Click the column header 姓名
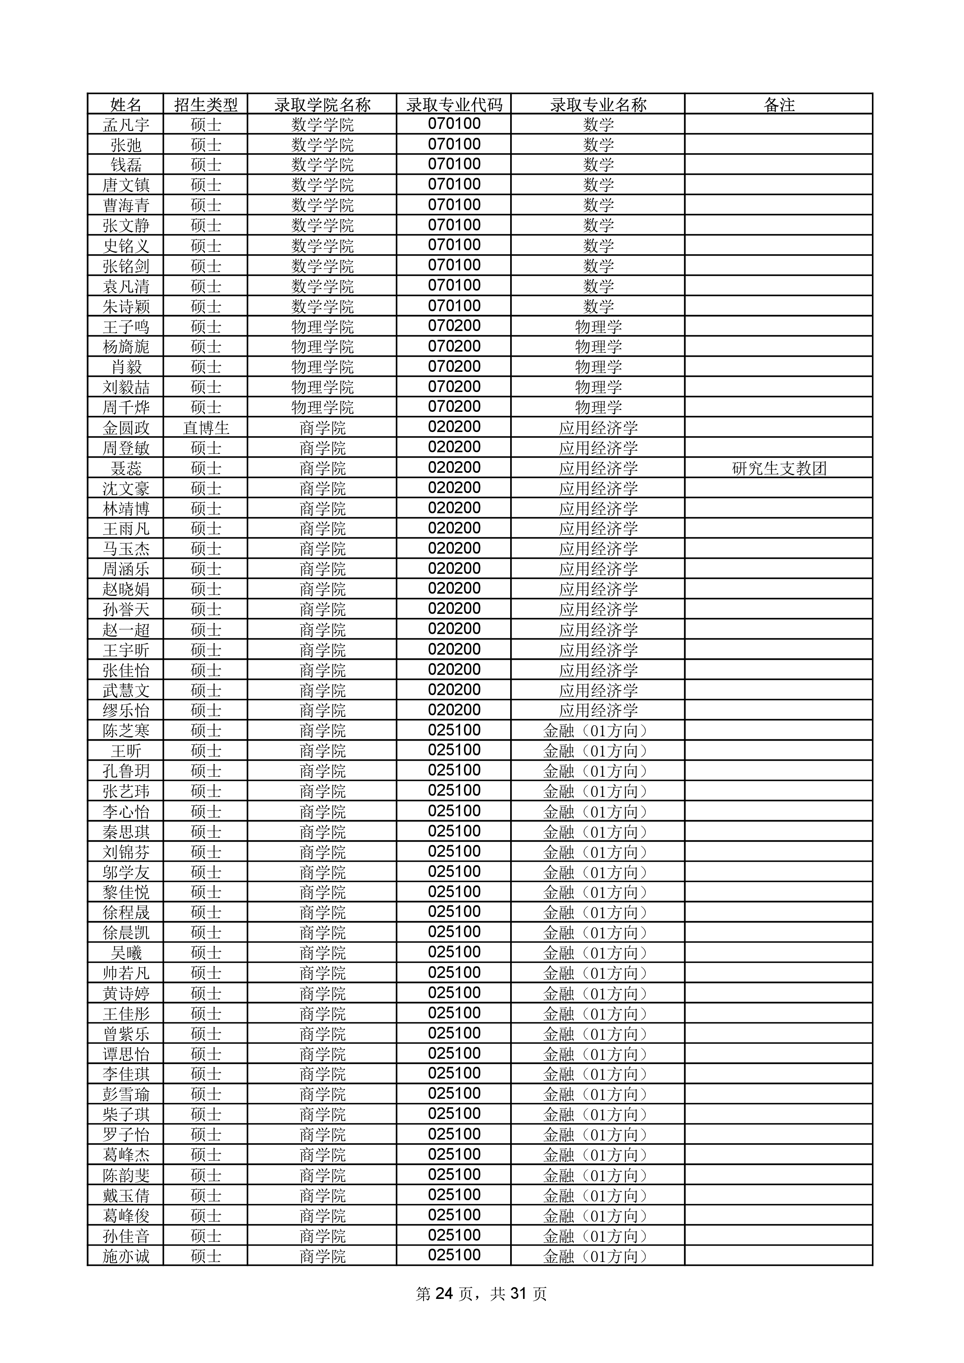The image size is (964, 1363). point(126,105)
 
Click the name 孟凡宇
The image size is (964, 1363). point(126,125)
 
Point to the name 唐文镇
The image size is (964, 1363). point(126,185)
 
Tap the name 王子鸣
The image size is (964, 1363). point(126,326)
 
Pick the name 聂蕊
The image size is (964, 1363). point(126,468)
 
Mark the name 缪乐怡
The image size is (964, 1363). point(126,711)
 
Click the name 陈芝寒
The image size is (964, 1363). point(126,731)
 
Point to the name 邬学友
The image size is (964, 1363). point(126,872)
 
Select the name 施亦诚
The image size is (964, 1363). point(126,1256)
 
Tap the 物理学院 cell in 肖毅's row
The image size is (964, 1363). point(322,367)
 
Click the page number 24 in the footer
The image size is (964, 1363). point(444,1293)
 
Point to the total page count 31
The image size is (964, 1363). point(518,1293)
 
